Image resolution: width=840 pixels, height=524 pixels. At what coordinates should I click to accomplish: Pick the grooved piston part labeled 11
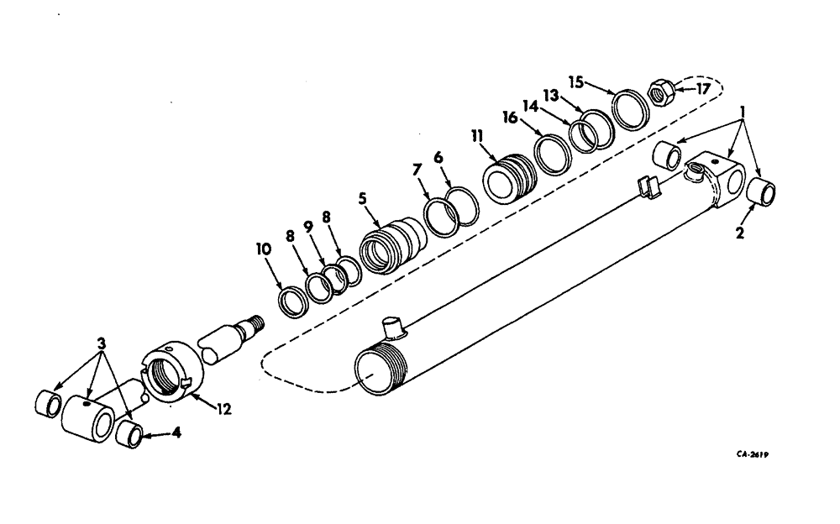coord(507,178)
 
